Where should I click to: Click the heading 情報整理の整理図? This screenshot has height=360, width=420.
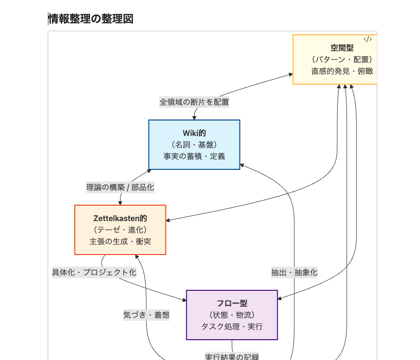[x=91, y=19]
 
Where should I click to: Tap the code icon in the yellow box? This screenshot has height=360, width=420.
[x=368, y=39]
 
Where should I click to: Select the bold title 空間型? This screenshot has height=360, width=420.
[x=342, y=48]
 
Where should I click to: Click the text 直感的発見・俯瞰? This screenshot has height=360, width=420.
[x=342, y=71]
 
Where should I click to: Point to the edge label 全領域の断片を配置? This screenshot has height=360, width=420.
[x=194, y=102]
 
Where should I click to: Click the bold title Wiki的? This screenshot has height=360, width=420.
[x=194, y=133]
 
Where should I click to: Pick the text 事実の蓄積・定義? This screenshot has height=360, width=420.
[x=194, y=156]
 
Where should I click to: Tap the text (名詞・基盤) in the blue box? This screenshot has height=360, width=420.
[x=194, y=145]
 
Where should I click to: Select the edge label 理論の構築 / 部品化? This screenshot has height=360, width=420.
[x=120, y=187]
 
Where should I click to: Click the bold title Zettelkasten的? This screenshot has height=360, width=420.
[x=120, y=218]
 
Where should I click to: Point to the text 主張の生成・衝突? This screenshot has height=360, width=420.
[x=120, y=241]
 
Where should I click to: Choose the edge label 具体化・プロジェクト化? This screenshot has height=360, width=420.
[x=94, y=272]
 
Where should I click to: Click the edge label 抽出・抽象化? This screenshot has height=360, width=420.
[x=294, y=272]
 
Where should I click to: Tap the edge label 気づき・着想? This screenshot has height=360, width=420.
[x=146, y=315]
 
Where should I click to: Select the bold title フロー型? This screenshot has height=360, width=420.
[x=232, y=303]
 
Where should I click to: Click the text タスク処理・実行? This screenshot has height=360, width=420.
[x=232, y=327]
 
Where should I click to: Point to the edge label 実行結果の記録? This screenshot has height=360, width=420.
[x=232, y=357]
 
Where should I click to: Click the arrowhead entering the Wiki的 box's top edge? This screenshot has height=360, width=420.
[x=194, y=118]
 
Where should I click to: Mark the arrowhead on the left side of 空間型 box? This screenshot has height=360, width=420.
[x=291, y=75]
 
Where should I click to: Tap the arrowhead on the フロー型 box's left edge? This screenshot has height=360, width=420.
[x=184, y=300]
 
